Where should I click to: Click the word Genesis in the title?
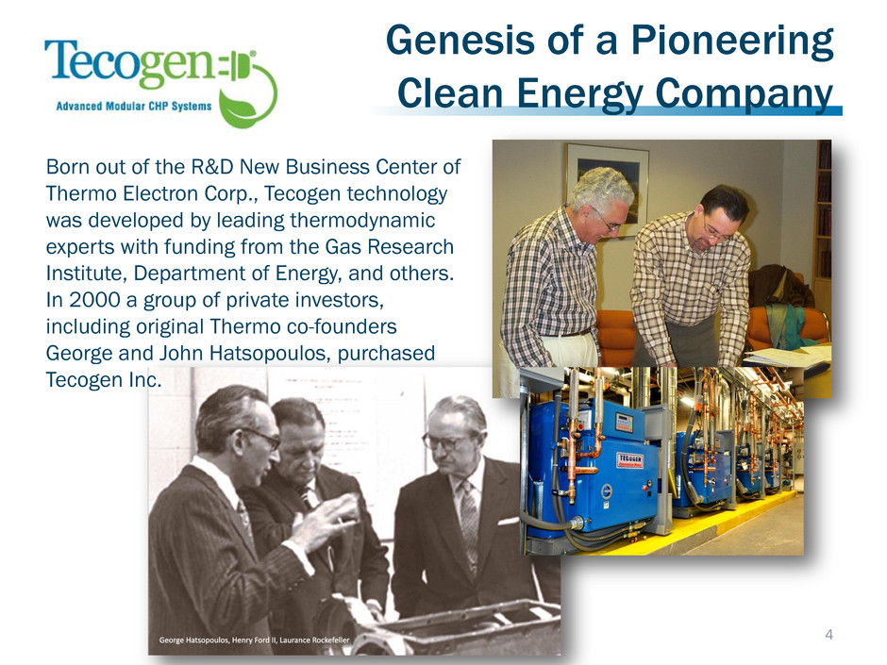tap(460, 41)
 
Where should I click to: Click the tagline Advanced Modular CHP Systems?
tap(134, 106)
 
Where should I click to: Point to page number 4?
tap(828, 635)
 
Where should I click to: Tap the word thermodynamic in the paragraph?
tap(362, 220)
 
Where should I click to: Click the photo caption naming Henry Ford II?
tap(254, 640)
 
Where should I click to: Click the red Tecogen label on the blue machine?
tap(629, 460)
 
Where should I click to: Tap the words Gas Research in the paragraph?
tap(389, 246)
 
